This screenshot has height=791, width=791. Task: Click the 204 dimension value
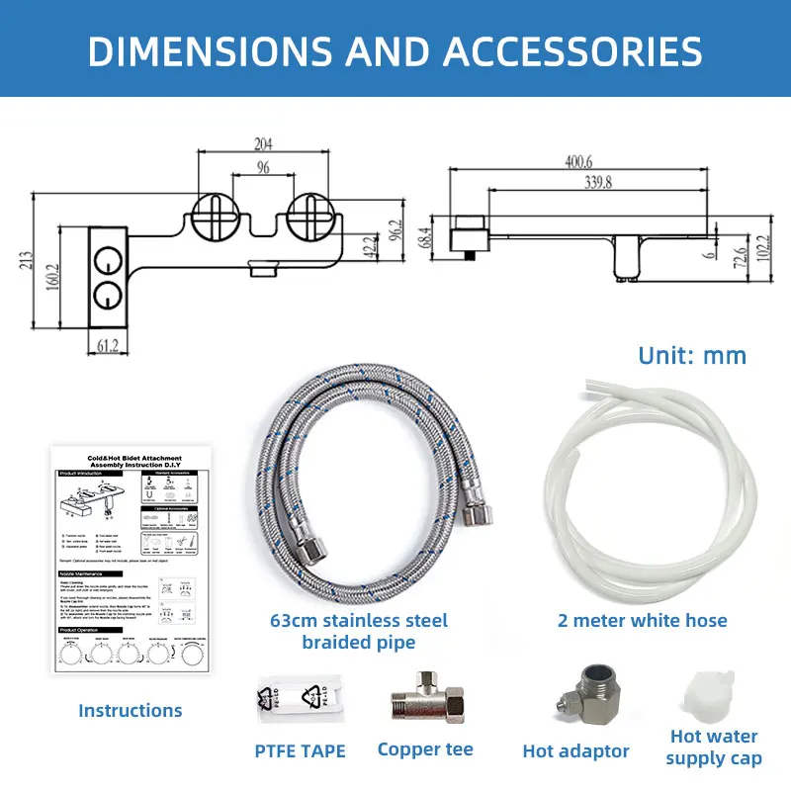tap(263, 142)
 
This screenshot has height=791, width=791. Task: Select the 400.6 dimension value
tap(579, 160)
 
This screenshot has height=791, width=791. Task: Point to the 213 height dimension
tap(27, 259)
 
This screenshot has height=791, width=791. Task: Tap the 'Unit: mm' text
tap(692, 355)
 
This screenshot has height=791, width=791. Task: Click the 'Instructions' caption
tap(131, 710)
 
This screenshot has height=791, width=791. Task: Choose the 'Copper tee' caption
tap(425, 749)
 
